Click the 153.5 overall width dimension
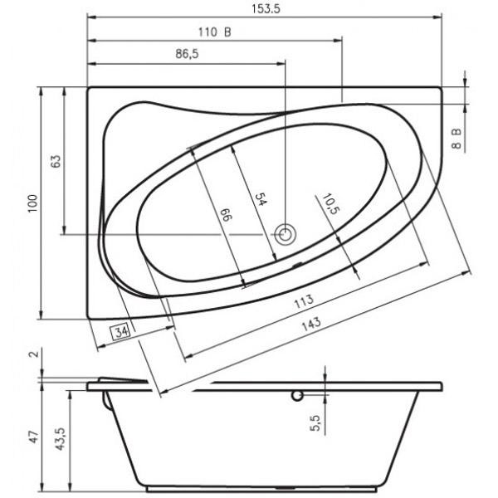266,8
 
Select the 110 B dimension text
215,32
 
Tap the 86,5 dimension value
187,54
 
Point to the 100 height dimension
32,203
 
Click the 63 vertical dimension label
56,161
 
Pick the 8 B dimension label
456,139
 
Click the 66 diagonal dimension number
227,215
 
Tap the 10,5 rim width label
331,204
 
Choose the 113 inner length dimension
304,301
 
